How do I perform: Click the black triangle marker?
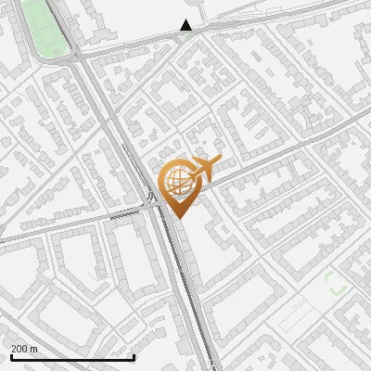[x=186, y=26]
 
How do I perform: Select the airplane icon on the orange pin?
[x=205, y=168]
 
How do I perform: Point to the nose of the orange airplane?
[x=219, y=160]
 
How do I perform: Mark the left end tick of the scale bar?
[x=11, y=356]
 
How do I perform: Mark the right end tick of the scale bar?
[x=134, y=356]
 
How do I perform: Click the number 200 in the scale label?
[x=20, y=349]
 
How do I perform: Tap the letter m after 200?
[x=34, y=349]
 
